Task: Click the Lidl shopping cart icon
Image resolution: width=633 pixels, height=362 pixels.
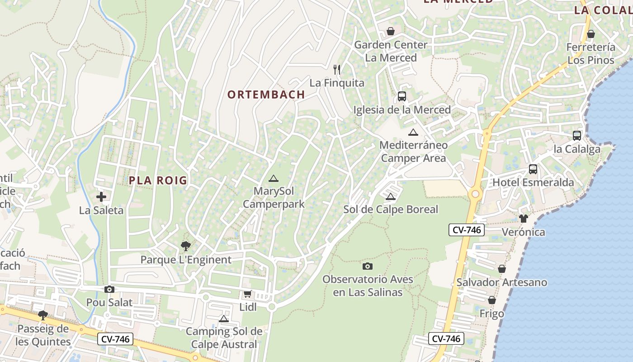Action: point(247,294)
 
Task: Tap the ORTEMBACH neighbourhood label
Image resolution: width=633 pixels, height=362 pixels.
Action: point(266,95)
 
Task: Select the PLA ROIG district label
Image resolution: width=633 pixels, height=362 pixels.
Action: point(158,180)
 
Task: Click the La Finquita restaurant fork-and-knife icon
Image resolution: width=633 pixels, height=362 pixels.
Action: point(337,69)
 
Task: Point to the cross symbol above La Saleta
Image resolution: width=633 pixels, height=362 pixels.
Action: point(101,197)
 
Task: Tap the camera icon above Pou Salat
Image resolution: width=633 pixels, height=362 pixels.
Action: point(109,290)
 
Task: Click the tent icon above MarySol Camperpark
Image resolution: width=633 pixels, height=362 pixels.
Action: point(273,178)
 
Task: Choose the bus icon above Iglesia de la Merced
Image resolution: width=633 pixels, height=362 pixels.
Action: point(402,96)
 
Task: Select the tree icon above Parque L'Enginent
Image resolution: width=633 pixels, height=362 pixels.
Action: point(185,247)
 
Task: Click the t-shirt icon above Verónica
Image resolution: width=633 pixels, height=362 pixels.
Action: point(524,219)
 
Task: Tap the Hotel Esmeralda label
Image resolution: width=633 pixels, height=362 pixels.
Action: point(533,182)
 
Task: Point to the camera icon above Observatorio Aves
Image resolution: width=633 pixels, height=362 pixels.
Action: point(368,266)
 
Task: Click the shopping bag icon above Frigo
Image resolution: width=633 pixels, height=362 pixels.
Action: point(492,300)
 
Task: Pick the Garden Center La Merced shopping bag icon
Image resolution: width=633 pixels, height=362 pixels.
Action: point(391,31)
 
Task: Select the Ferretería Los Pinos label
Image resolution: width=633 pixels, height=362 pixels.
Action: point(590,53)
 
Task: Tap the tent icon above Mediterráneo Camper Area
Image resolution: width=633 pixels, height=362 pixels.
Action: point(413,132)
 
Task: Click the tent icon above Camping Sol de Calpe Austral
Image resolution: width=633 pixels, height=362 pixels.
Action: point(224,319)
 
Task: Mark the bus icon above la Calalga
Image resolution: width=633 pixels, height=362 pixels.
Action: point(577,135)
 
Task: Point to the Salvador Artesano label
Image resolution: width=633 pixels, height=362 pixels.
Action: point(501,282)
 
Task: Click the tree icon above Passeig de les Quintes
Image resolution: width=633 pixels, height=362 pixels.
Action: point(43,315)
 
